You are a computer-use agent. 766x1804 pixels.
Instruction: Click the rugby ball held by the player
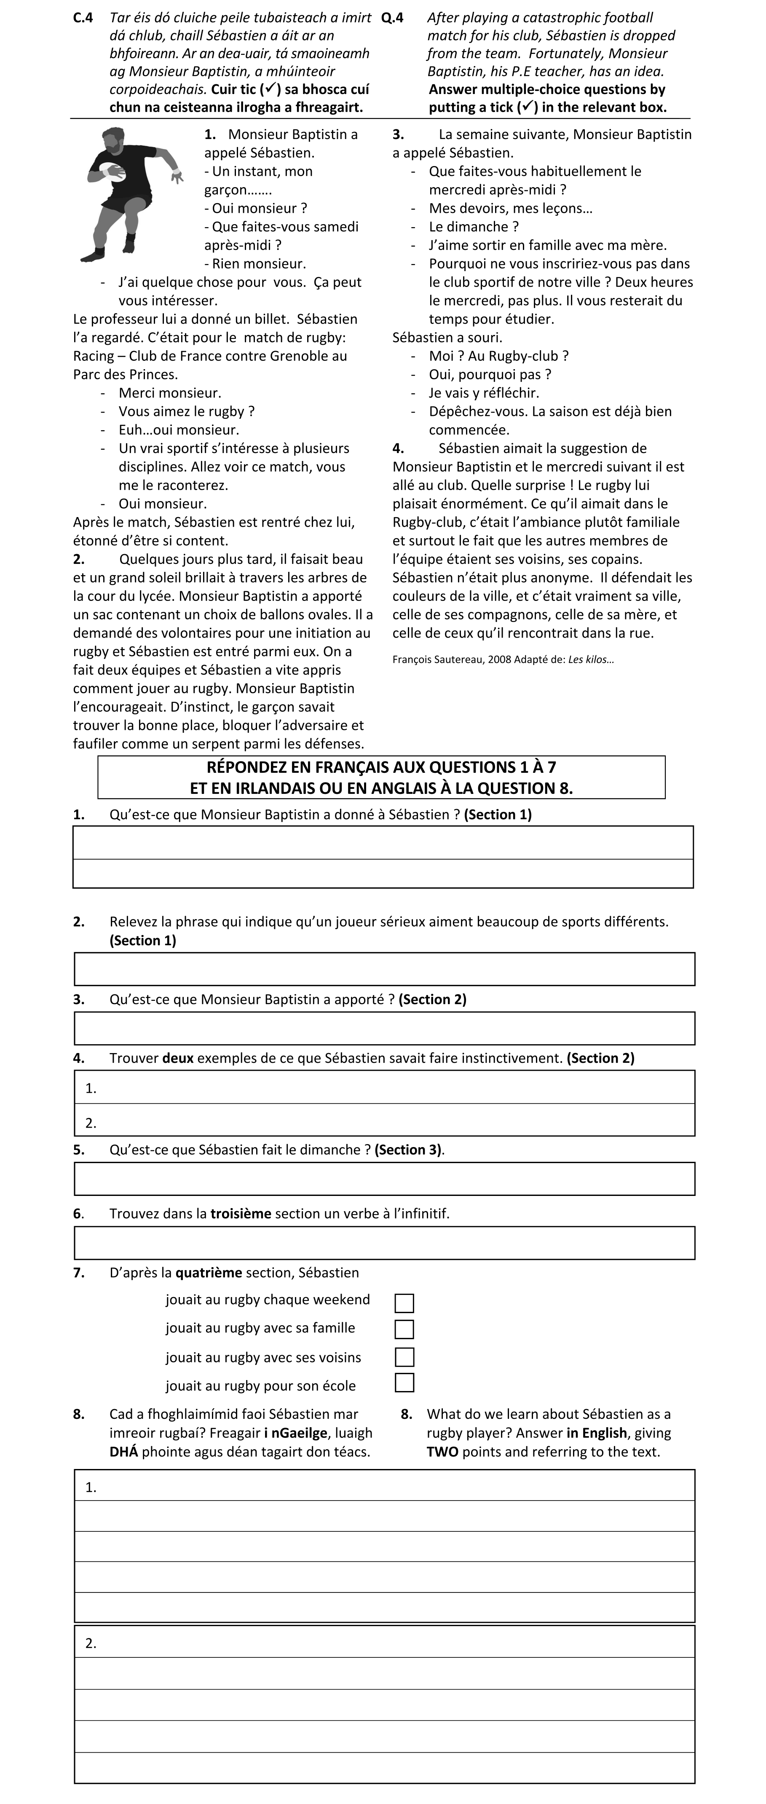click(112, 170)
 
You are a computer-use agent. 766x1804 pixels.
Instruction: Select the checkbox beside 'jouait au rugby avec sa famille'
click(404, 1329)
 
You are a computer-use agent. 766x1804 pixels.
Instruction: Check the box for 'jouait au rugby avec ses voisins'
click(404, 1357)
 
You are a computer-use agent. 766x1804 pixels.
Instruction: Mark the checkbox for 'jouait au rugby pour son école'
click(404, 1383)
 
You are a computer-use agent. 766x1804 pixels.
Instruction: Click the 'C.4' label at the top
click(83, 18)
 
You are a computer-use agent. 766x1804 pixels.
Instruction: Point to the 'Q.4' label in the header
click(393, 18)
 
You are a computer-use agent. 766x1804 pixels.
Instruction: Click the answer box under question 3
click(384, 1028)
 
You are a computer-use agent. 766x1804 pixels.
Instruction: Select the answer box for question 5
click(384, 1179)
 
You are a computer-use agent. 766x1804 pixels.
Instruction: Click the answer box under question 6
click(384, 1243)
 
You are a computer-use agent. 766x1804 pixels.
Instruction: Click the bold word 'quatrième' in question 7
click(209, 1273)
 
